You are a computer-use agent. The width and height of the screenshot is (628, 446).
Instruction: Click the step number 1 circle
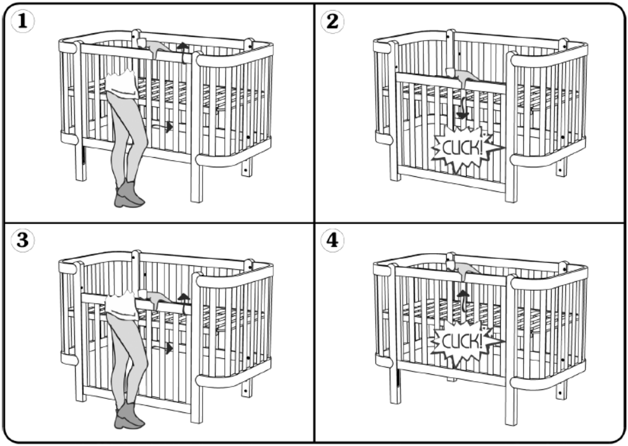coord(22,21)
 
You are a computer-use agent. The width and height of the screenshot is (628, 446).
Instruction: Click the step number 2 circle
coord(332,21)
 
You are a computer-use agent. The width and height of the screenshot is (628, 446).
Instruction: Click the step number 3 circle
coord(22,240)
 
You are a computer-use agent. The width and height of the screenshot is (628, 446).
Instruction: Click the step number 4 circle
coord(332,240)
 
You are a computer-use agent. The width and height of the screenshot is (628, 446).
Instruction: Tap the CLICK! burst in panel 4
coord(465,342)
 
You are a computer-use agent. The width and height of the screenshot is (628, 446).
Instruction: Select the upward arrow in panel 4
coord(463,301)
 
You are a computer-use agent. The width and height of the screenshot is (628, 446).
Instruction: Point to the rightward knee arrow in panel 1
coord(163,127)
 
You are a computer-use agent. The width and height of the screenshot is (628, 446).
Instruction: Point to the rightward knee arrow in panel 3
coord(163,348)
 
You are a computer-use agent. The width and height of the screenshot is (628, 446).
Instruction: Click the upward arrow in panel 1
coord(183,53)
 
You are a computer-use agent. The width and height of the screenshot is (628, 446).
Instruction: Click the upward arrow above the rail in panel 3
coord(184,303)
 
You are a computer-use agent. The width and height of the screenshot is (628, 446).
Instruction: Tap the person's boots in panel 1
coord(129,195)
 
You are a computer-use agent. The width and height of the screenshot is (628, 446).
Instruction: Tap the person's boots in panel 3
coord(129,415)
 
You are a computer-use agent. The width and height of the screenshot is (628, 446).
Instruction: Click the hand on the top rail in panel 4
coord(464,268)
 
